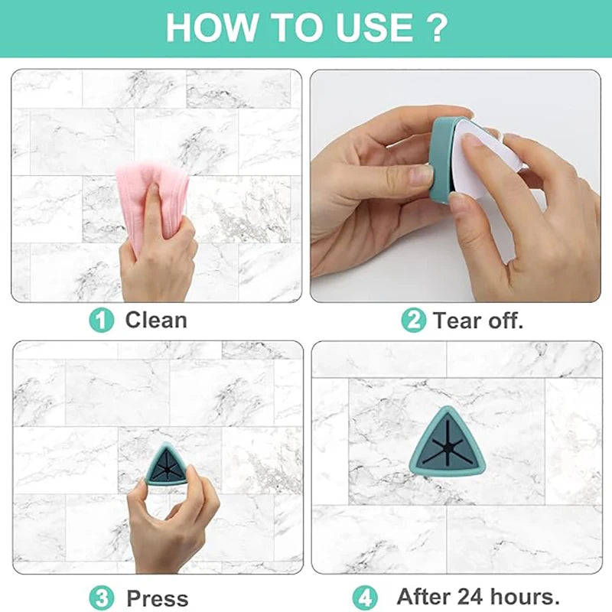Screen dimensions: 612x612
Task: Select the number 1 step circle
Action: coord(101,320)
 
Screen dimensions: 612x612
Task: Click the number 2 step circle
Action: coord(413,320)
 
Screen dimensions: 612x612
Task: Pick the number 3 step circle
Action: coord(101,597)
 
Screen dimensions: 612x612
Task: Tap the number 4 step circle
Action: coord(364,597)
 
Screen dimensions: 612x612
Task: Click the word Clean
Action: coord(156,320)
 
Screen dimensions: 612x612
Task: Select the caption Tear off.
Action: coord(478,321)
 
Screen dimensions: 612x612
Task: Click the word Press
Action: coord(158,597)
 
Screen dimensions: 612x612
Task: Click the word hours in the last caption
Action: coord(523,596)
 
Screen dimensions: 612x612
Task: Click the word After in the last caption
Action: coord(422,596)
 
